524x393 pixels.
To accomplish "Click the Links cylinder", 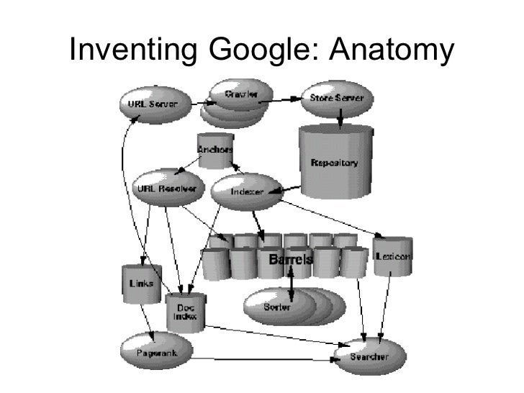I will click(x=141, y=283).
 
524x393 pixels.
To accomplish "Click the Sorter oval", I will click(x=278, y=307).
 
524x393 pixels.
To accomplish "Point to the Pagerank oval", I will click(x=154, y=352).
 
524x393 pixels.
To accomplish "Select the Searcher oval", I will click(x=370, y=356).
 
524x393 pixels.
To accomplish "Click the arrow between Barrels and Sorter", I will click(x=290, y=281).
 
